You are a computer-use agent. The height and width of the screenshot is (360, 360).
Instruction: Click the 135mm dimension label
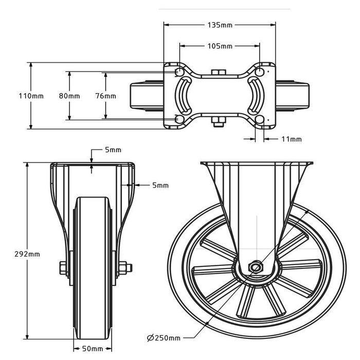point(220,24)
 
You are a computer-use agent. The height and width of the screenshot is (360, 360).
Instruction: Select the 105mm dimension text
point(220,46)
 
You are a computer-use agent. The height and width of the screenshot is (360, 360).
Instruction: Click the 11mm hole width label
point(292,139)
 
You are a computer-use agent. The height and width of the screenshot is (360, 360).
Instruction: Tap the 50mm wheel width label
point(93,349)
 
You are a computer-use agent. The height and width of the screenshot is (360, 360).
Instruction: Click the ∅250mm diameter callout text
point(164,338)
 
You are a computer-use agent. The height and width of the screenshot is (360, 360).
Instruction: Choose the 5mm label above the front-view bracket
point(113,150)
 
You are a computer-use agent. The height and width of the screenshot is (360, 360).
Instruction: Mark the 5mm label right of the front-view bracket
point(160,185)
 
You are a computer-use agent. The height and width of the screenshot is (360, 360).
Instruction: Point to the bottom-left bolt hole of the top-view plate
point(179,119)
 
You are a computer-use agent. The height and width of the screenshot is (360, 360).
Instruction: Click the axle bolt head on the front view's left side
point(63,268)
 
